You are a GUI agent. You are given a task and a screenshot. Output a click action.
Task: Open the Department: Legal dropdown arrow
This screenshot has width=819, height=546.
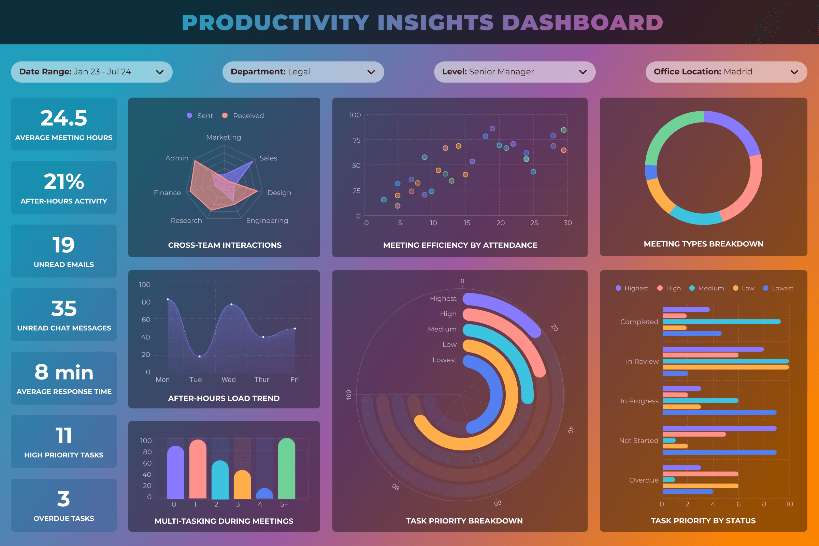pos(371,72)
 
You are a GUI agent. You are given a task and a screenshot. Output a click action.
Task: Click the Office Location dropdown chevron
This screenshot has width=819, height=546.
pos(794,72)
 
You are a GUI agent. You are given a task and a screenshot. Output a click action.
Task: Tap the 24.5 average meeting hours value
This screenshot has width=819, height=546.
pos(64,118)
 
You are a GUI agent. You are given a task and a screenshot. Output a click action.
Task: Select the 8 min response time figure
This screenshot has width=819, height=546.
pos(64,372)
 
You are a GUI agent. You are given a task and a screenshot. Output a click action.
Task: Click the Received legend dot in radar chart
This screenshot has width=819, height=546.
pos(225,115)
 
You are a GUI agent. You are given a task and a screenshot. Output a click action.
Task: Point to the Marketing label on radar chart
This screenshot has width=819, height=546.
pos(224,137)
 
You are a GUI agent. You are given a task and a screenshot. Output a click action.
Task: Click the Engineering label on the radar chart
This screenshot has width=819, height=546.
pos(267,220)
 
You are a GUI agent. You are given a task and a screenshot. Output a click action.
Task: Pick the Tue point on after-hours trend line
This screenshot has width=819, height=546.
pos(200,356)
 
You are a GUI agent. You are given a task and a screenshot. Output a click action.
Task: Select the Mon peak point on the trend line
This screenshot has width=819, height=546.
pos(168,299)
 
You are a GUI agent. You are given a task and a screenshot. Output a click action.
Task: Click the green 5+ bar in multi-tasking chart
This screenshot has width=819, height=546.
pos(287,468)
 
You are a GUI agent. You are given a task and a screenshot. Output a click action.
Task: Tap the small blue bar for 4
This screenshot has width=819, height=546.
pos(264,493)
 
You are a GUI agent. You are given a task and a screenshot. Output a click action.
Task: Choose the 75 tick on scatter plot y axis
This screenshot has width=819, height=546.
pos(356,140)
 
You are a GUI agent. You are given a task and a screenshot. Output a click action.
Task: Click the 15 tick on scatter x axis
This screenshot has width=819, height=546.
pos(467,223)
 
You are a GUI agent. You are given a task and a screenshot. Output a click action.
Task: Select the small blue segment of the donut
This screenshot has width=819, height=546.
pos(651,172)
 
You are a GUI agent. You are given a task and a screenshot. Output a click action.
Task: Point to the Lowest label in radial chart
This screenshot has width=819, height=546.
pos(444,360)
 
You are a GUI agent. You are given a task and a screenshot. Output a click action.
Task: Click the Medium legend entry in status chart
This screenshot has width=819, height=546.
pos(707,288)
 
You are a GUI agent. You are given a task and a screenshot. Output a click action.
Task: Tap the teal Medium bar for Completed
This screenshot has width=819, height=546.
pos(721,321)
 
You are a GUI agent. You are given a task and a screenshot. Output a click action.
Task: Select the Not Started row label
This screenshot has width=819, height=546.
pos(638,441)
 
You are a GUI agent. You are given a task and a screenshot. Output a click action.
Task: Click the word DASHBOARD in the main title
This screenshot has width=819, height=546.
pos(583,23)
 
